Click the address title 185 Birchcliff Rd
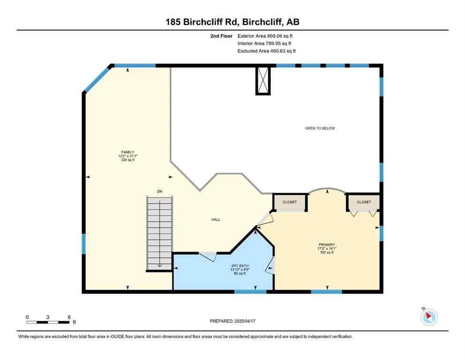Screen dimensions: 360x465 tap(232, 22)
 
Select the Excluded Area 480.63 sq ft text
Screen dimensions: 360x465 tap(266, 51)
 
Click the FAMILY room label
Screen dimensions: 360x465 tap(127, 152)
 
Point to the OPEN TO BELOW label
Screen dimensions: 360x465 tap(320, 128)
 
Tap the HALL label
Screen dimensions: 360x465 tap(215, 219)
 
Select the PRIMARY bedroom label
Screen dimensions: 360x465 tap(326, 245)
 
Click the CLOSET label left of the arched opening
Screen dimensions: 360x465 tap(289, 202)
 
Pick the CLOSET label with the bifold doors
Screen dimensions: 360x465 tap(364, 202)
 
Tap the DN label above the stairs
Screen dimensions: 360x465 tap(159, 191)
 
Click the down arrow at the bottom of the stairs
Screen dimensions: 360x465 tap(159, 265)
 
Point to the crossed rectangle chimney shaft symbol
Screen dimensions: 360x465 tap(262, 80)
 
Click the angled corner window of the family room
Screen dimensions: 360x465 tap(97, 78)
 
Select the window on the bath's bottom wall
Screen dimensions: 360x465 tap(250, 292)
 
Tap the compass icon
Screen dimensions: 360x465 tap(428, 317)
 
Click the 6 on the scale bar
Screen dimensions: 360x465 tap(69, 317)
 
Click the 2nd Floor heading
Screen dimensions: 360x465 tap(221, 36)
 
